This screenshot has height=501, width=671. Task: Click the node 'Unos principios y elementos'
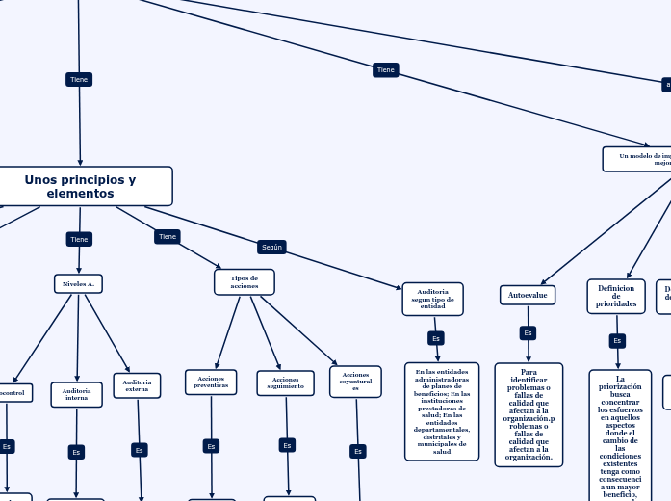tap(81, 186)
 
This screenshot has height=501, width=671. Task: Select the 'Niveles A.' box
tap(78, 283)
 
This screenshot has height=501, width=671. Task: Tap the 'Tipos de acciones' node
tap(245, 281)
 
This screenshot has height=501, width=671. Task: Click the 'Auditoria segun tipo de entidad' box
tap(432, 299)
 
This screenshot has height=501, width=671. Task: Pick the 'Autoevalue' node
tap(528, 295)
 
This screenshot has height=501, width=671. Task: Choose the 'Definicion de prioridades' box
tap(616, 296)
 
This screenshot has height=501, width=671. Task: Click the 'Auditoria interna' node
tap(76, 394)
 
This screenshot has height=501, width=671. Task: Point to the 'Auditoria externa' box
tap(137, 385)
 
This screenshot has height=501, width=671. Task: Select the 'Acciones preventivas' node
tap(211, 382)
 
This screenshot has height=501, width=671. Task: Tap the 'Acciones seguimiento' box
tap(285, 382)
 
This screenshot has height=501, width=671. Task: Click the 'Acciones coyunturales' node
tap(355, 381)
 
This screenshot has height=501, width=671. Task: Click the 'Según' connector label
tap(271, 247)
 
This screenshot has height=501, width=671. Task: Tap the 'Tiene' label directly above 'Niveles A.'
tap(79, 239)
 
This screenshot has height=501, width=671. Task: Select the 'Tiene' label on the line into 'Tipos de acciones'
tap(168, 236)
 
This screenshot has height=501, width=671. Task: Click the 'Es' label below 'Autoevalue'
tap(528, 333)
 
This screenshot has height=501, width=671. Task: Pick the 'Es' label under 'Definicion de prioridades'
tap(617, 340)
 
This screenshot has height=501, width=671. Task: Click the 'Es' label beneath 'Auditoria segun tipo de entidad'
tap(436, 338)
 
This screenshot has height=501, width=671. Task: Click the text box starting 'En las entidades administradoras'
tap(442, 411)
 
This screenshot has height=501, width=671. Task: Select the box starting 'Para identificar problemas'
tap(529, 414)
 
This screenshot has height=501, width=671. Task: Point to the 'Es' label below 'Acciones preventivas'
tap(211, 446)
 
